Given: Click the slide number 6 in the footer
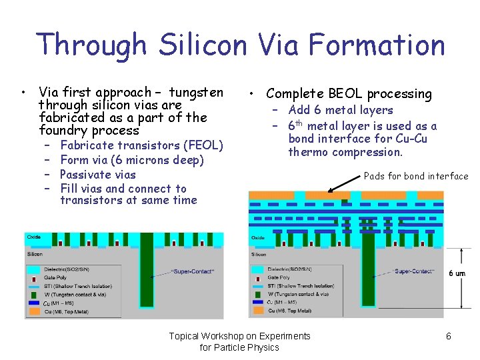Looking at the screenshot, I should (x=449, y=336).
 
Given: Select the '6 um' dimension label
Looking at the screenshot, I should (x=457, y=273).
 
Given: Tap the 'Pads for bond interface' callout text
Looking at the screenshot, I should (x=416, y=176).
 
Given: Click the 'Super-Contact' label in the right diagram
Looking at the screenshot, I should (x=413, y=271).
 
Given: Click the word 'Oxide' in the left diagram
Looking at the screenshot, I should (x=34, y=237).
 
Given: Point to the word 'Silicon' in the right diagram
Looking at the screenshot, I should (x=259, y=254).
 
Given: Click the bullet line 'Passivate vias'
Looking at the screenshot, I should (x=97, y=175).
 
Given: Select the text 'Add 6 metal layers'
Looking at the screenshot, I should (x=340, y=110).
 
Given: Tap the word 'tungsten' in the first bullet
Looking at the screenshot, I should (x=196, y=92).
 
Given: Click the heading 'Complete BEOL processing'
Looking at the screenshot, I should (x=349, y=94).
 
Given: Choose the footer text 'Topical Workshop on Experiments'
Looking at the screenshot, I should (x=239, y=336).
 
